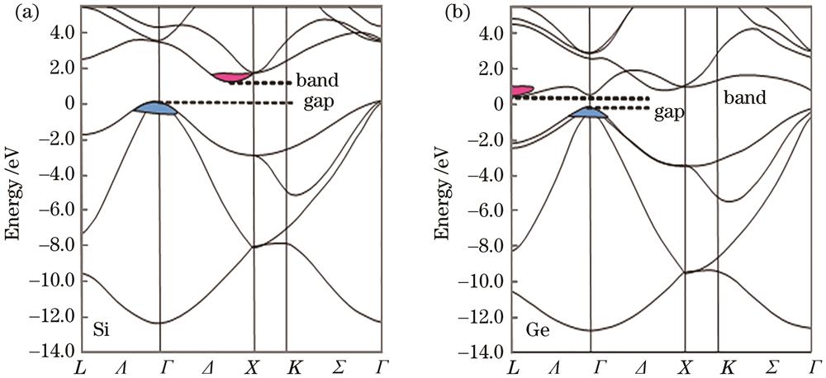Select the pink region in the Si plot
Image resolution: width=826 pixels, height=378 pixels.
pos(230,77)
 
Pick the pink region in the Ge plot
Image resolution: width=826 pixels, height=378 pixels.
pos(521,89)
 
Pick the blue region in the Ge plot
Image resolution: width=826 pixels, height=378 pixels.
pos(588,113)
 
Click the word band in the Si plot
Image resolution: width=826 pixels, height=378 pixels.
pos(319,82)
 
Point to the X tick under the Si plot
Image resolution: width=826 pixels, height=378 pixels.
pos(253,365)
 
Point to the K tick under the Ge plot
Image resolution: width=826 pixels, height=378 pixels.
pos(727,365)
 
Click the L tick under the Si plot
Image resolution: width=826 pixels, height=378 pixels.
pos(79,365)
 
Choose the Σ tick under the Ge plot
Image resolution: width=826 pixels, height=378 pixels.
pos(772,365)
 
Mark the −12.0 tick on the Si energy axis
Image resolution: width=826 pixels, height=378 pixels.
pos(55,316)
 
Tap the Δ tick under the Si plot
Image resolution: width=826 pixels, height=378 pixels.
pos(206,365)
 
